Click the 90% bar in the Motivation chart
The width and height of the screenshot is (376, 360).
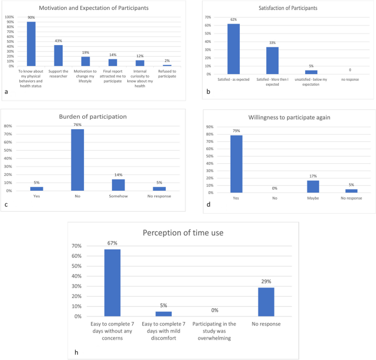(31, 44)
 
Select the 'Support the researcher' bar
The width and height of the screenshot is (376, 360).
(58, 56)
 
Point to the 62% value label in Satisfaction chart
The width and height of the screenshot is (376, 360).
(234, 19)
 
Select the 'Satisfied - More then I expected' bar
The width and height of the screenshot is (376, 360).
(272, 60)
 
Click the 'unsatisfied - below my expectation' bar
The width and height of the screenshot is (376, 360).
(311, 72)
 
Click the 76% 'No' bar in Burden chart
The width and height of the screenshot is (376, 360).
(77, 160)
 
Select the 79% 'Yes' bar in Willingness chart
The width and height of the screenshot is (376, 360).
(236, 164)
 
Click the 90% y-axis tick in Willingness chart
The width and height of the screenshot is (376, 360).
(210, 128)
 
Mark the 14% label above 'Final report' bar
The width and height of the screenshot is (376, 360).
(113, 55)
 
